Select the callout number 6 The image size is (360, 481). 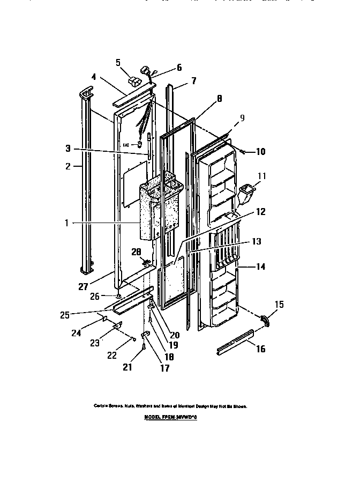click(x=179, y=68)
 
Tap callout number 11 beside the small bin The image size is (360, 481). click(x=261, y=175)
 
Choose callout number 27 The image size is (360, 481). click(x=83, y=287)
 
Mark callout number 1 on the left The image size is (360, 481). click(x=67, y=223)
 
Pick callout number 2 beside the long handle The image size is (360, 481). click(x=68, y=166)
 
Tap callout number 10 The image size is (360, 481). click(x=260, y=152)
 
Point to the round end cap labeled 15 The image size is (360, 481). click(x=265, y=320)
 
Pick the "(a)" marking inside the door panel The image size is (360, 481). click(x=126, y=144)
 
